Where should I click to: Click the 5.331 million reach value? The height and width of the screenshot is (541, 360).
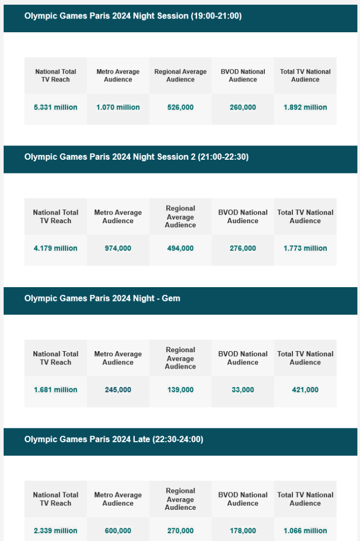pyautogui.click(x=56, y=107)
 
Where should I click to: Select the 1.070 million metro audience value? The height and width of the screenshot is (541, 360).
pyautogui.click(x=118, y=107)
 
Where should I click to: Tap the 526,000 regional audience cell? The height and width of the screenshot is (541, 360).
pyautogui.click(x=180, y=107)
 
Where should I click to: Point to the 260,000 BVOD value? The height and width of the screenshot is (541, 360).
pyautogui.click(x=243, y=107)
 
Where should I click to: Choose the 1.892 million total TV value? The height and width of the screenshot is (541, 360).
pyautogui.click(x=305, y=107)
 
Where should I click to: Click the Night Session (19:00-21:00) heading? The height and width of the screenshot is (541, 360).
pyautogui.click(x=133, y=16)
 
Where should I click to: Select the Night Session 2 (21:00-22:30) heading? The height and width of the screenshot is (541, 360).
pyautogui.click(x=136, y=157)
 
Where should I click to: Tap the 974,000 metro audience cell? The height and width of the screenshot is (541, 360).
pyautogui.click(x=118, y=248)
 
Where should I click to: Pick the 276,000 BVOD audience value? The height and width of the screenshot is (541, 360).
pyautogui.click(x=243, y=248)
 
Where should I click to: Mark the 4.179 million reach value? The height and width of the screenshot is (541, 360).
pyautogui.click(x=56, y=248)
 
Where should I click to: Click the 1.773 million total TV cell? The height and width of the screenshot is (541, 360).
pyautogui.click(x=305, y=248)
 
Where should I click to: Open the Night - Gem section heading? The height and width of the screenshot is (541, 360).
pyautogui.click(x=102, y=298)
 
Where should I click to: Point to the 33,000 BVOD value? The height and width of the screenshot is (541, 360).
pyautogui.click(x=243, y=390)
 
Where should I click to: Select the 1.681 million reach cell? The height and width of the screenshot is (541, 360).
pyautogui.click(x=56, y=390)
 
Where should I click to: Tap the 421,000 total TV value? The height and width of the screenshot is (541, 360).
pyautogui.click(x=305, y=390)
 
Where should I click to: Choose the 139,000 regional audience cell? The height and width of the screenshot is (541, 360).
pyautogui.click(x=180, y=390)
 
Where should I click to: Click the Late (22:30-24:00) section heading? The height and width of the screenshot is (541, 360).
pyautogui.click(x=114, y=439)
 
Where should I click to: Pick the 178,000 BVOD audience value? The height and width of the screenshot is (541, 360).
pyautogui.click(x=243, y=530)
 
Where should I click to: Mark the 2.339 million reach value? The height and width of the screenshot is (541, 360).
pyautogui.click(x=56, y=530)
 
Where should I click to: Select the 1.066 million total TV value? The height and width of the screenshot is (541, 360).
pyautogui.click(x=305, y=530)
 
